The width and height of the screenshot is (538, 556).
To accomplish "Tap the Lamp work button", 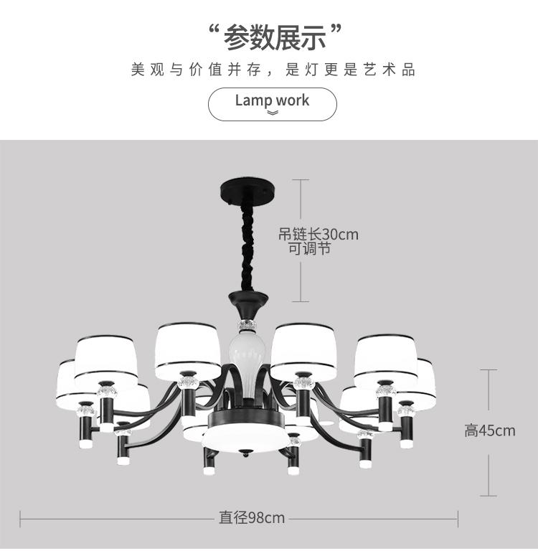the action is [272, 103].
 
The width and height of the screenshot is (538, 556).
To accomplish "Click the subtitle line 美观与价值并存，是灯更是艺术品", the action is [273, 70].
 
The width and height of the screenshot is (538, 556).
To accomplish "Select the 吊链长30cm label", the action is [318, 234].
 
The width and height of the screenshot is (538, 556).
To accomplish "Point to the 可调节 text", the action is [309, 249].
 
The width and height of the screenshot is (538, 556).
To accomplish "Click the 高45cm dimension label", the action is [489, 430].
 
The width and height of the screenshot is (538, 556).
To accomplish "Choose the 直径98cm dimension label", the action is [252, 518].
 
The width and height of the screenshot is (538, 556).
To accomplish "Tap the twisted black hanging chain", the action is [248, 244].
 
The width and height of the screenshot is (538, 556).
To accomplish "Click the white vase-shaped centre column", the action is [246, 359].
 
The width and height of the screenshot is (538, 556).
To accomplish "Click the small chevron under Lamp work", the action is [273, 113].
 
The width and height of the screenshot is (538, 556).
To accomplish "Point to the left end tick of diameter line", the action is [20, 518].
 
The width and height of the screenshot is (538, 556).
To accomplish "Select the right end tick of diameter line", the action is [458, 518].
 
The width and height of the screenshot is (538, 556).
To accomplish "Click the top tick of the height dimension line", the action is [489, 370].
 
